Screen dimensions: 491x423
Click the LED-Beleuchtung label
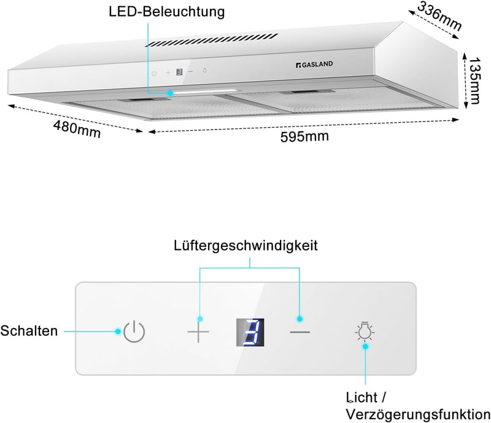(x=166, y=12)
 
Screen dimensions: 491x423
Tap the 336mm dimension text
(x=439, y=17)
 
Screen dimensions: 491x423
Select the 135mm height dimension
(x=474, y=80)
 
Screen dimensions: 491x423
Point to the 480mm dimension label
(x=77, y=129)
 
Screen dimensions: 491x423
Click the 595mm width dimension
(x=304, y=137)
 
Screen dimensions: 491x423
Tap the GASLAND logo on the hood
(x=314, y=64)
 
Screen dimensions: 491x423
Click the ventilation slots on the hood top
(x=212, y=41)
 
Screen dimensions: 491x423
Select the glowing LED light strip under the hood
(x=207, y=92)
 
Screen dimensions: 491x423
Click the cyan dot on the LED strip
(x=170, y=93)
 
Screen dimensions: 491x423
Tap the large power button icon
(x=134, y=332)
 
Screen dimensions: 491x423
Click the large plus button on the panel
(x=198, y=332)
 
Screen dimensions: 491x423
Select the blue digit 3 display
(x=250, y=333)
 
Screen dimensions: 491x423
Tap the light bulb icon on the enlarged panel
(x=365, y=331)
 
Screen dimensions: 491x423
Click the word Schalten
(x=29, y=331)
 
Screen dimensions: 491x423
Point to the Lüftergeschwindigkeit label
(x=246, y=246)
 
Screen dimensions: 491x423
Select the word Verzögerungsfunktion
(x=418, y=414)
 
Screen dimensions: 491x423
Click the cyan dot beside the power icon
(x=118, y=331)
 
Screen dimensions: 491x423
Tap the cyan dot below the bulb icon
(x=365, y=346)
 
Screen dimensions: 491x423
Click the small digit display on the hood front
(x=179, y=72)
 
